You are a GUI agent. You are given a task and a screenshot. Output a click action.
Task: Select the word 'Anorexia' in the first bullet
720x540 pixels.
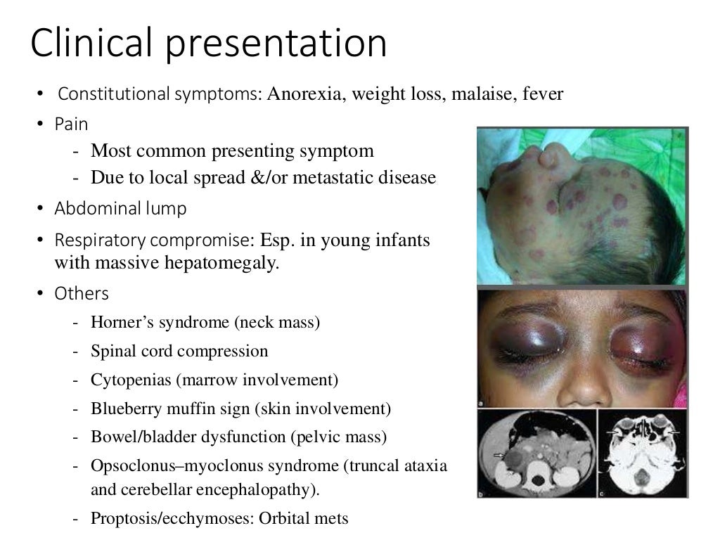pos(303,94)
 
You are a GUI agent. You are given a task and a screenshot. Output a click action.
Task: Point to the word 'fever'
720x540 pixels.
pos(543,94)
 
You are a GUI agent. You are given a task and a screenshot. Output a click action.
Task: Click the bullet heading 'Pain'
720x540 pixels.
pos(71,124)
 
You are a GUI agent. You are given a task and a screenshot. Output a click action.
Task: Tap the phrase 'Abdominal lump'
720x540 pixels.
pos(120,209)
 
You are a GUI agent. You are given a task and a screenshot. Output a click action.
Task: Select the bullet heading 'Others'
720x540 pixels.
pos(81,293)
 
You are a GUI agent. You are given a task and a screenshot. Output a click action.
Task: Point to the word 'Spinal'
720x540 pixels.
pos(112,351)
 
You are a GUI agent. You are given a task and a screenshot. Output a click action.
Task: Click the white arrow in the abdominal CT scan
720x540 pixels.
pos(500,456)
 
